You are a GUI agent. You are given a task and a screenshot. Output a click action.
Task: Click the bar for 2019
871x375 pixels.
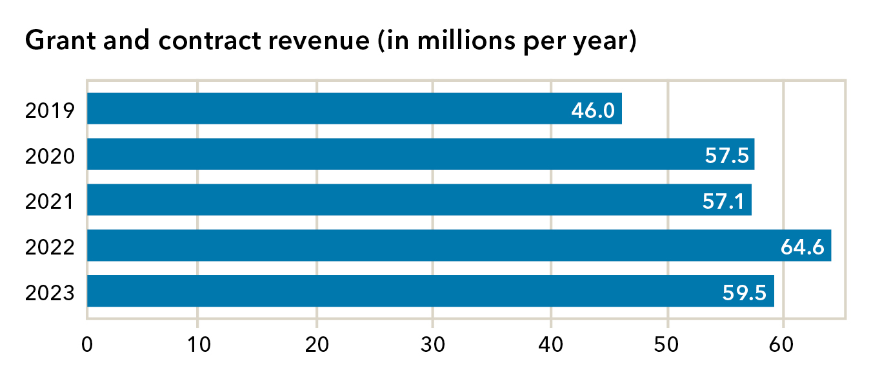click(x=323, y=108)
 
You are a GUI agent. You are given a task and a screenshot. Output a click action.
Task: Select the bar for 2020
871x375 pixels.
click(x=387, y=154)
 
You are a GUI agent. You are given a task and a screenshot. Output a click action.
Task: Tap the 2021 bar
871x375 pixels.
click(x=387, y=200)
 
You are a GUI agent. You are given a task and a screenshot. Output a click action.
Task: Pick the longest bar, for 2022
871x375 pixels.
click(x=419, y=245)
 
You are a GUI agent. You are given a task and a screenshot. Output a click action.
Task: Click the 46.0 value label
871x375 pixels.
click(x=592, y=110)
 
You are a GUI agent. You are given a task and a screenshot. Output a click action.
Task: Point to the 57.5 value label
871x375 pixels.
click(x=726, y=156)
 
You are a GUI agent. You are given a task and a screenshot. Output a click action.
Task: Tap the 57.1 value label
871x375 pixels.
click(x=723, y=202)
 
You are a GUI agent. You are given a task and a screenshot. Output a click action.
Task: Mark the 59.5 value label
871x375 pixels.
click(x=745, y=293)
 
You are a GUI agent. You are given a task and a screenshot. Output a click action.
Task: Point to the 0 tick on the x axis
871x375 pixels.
click(x=87, y=344)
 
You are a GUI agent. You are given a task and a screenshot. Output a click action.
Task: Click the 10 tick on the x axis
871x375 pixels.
click(x=198, y=344)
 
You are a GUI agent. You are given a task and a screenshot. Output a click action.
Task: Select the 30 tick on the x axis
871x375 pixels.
click(x=434, y=344)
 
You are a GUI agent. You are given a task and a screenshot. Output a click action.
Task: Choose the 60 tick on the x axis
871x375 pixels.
click(x=783, y=344)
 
